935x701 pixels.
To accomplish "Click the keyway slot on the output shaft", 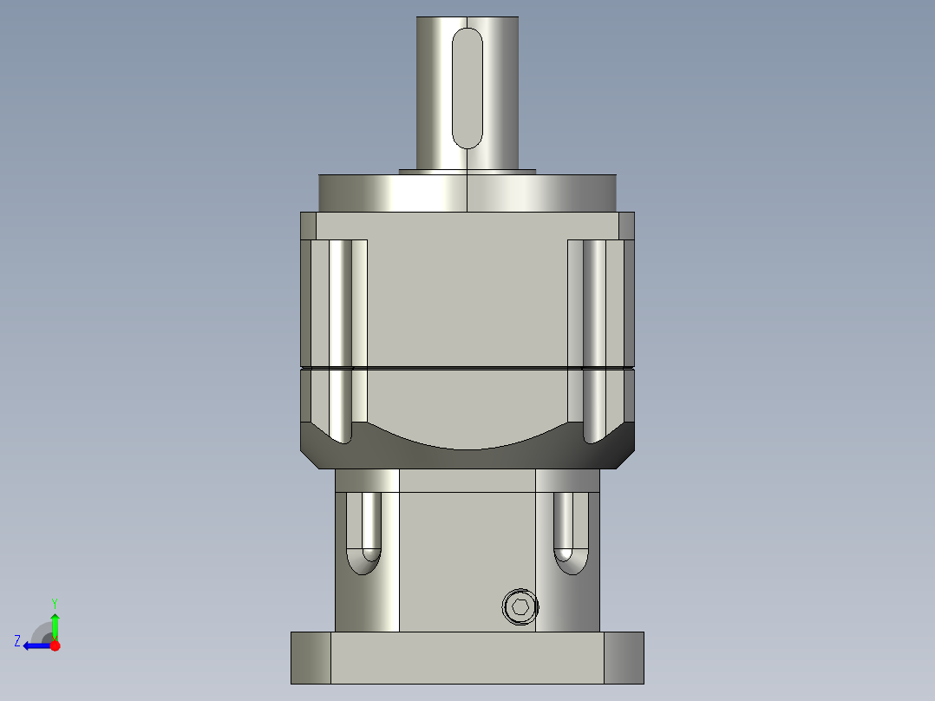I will click(467, 87).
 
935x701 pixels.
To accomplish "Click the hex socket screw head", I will click(520, 607).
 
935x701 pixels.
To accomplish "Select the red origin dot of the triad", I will click(56, 645).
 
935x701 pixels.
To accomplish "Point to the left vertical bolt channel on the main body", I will click(340, 338).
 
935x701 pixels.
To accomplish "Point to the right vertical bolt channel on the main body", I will click(595, 338).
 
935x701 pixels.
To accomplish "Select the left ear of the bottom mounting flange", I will click(311, 657).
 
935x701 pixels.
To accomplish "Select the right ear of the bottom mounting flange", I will click(624, 657).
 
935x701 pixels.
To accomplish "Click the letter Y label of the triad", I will click(55, 602).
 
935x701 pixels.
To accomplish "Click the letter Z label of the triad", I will click(17, 641).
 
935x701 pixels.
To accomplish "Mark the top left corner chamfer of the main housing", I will click(308, 226).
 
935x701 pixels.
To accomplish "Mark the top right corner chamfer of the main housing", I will click(626, 226).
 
